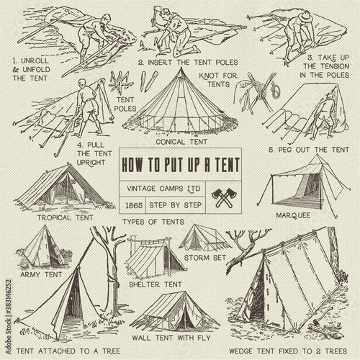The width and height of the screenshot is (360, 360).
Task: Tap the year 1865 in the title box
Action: pos(134,205)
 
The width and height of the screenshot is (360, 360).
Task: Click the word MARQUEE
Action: pos(293,215)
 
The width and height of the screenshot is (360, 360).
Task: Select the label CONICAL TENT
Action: pos(181,142)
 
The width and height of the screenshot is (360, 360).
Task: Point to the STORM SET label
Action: pos(205,258)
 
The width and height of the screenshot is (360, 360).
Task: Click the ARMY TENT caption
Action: pos(41,274)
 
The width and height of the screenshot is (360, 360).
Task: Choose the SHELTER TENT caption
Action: pos(156,284)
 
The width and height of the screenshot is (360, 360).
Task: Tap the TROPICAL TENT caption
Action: pos(65,217)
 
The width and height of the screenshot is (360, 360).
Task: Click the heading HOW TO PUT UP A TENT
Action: pos(181,165)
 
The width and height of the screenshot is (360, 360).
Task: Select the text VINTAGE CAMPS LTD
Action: pos(163,189)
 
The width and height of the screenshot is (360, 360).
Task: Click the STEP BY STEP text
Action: pos(176,205)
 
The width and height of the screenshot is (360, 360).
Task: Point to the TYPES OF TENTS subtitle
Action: pos(153,222)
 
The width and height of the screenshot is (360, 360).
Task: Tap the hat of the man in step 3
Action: pos(305,16)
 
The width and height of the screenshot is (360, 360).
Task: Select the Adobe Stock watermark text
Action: pos(9,317)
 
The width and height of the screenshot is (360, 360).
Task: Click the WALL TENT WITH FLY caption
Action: pos(171,338)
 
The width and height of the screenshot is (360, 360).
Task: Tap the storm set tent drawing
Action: pos(204,238)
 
